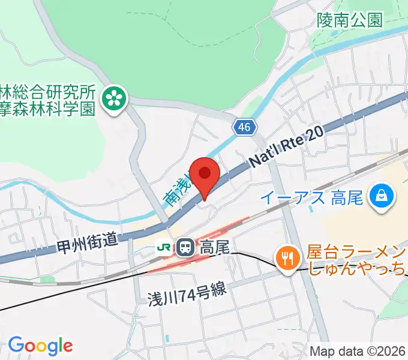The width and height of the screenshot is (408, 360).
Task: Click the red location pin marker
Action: [206, 175]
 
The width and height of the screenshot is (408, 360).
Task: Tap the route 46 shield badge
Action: [244, 127]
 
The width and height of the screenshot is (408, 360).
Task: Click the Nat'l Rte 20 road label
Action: [286, 147]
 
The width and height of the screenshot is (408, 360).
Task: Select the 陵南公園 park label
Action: [350, 20]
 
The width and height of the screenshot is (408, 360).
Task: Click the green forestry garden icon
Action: [114, 100]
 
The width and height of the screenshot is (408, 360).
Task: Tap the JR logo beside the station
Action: [163, 247]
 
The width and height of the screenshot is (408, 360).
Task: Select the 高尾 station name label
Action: [214, 246]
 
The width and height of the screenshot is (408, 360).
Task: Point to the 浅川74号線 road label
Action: [187, 297]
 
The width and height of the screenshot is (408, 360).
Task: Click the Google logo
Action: [40, 345]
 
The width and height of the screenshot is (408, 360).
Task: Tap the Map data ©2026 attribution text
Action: [357, 351]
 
